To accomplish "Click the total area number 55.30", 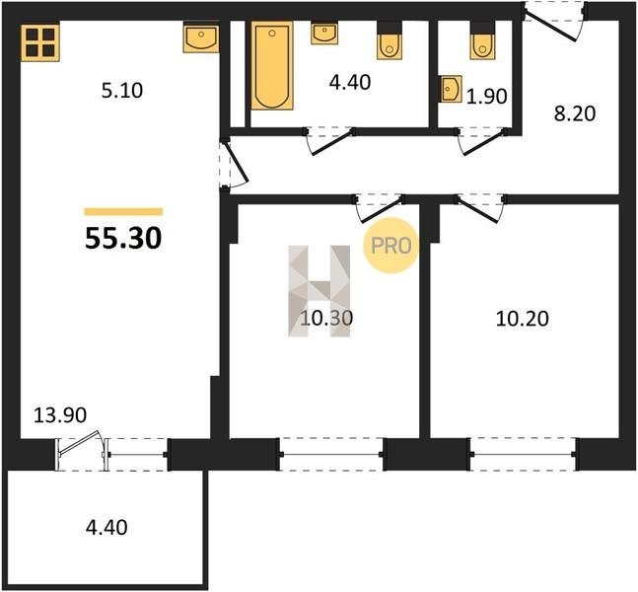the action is click(x=123, y=238).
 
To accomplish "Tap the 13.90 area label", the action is click(x=60, y=415).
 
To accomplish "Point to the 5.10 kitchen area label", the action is click(x=122, y=91).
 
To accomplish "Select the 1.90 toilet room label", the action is click(x=486, y=97).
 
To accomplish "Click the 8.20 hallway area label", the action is click(x=575, y=113).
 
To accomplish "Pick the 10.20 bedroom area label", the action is click(x=522, y=319).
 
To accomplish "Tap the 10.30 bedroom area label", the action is click(x=326, y=318).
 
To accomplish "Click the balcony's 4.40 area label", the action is click(x=106, y=527).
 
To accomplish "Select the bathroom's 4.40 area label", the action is click(x=350, y=82).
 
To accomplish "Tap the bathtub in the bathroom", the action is click(x=272, y=65).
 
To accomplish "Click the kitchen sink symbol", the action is click(x=201, y=38).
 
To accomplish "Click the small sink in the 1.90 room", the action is click(x=450, y=89).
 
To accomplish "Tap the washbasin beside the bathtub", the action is click(x=324, y=34).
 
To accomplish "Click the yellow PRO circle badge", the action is click(x=391, y=246).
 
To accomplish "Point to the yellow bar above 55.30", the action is click(x=123, y=211).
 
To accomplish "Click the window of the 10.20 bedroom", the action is click(x=523, y=455).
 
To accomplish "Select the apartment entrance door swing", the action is click(x=554, y=21).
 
